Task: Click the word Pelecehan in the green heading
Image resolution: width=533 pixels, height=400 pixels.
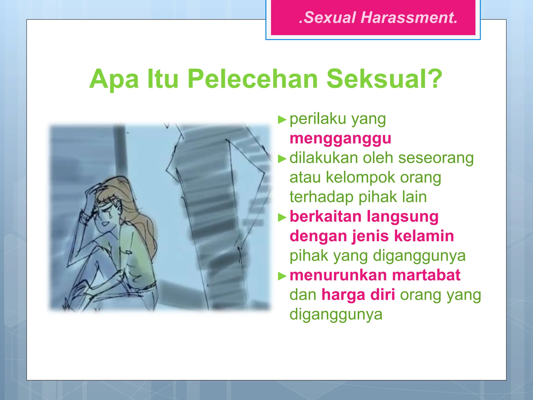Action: [252, 79]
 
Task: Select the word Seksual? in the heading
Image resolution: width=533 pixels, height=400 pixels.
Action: [384, 79]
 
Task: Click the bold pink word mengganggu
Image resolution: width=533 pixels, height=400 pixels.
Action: [340, 138]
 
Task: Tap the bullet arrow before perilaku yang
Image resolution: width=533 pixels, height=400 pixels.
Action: [282, 120]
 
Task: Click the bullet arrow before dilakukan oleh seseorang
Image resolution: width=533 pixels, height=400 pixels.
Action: [282, 159]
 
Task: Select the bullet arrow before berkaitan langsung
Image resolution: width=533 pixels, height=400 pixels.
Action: [282, 217]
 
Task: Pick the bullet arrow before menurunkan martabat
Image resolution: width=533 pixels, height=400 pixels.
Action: [282, 276]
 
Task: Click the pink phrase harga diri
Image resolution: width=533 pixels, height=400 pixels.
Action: [358, 295]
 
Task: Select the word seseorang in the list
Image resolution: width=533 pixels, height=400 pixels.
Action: [436, 158]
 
